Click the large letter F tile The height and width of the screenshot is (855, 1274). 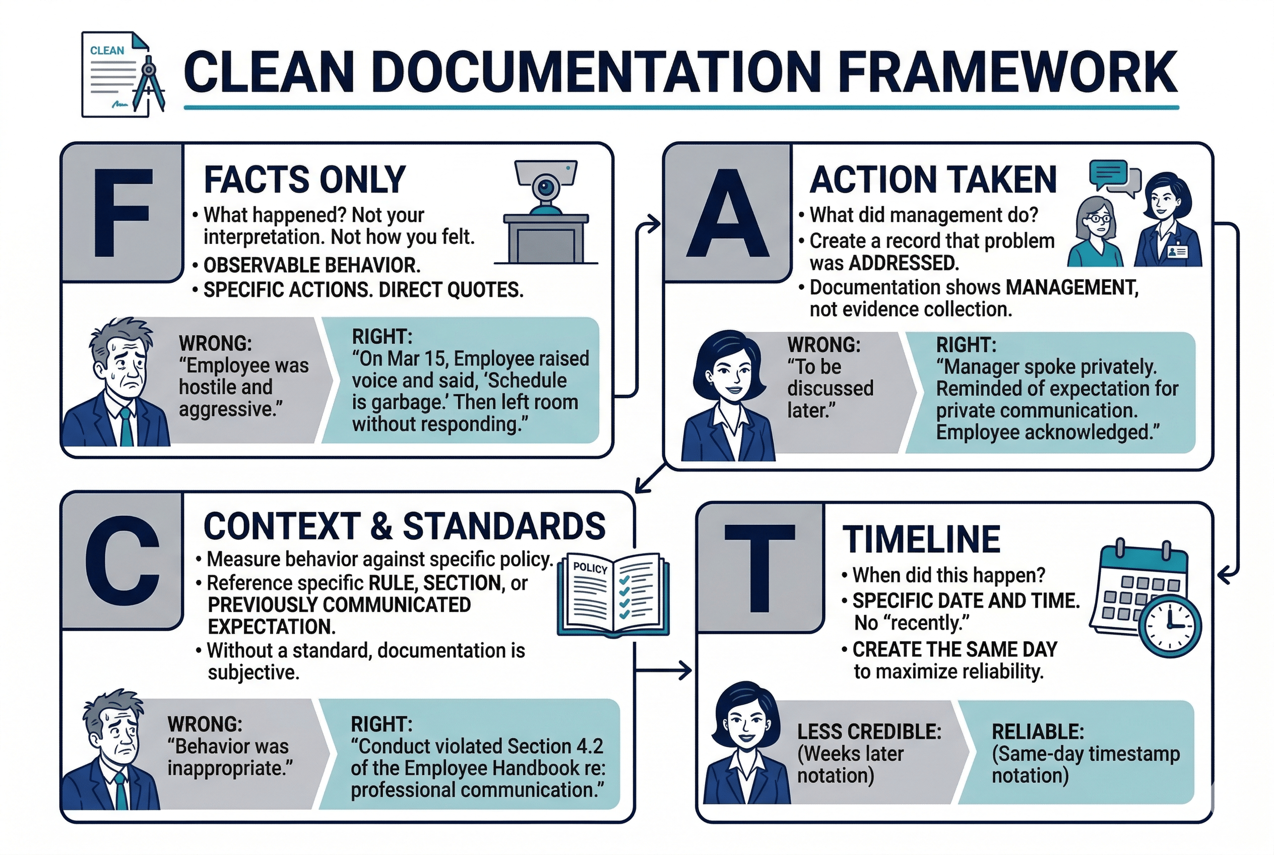point(122,213)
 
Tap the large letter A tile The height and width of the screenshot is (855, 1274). point(727,213)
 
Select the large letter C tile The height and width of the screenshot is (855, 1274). point(122,562)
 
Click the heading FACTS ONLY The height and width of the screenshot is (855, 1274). point(305,179)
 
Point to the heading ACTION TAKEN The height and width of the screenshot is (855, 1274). point(933,179)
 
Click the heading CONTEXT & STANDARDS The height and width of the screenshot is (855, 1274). point(405,526)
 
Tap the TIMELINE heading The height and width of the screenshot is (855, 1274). point(921,540)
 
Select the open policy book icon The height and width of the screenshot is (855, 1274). point(613,594)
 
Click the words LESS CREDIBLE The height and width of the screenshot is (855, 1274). point(869,732)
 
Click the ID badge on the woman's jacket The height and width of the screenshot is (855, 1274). point(1178,252)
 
